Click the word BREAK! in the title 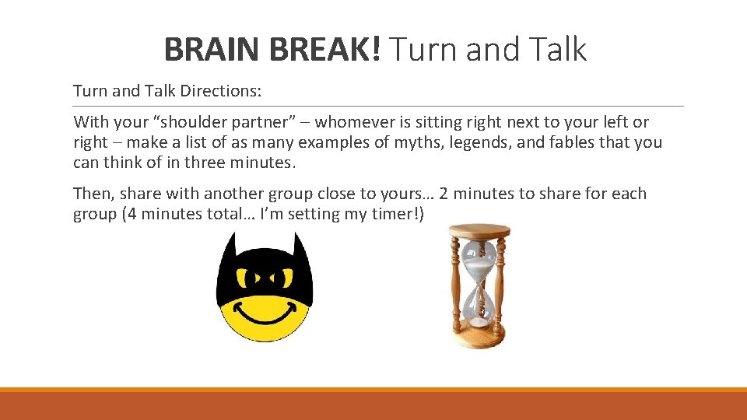point(325,50)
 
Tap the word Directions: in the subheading point(221,91)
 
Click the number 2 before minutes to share point(444,194)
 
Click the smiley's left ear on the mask point(228,250)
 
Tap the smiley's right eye point(289,277)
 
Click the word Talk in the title point(556,50)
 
